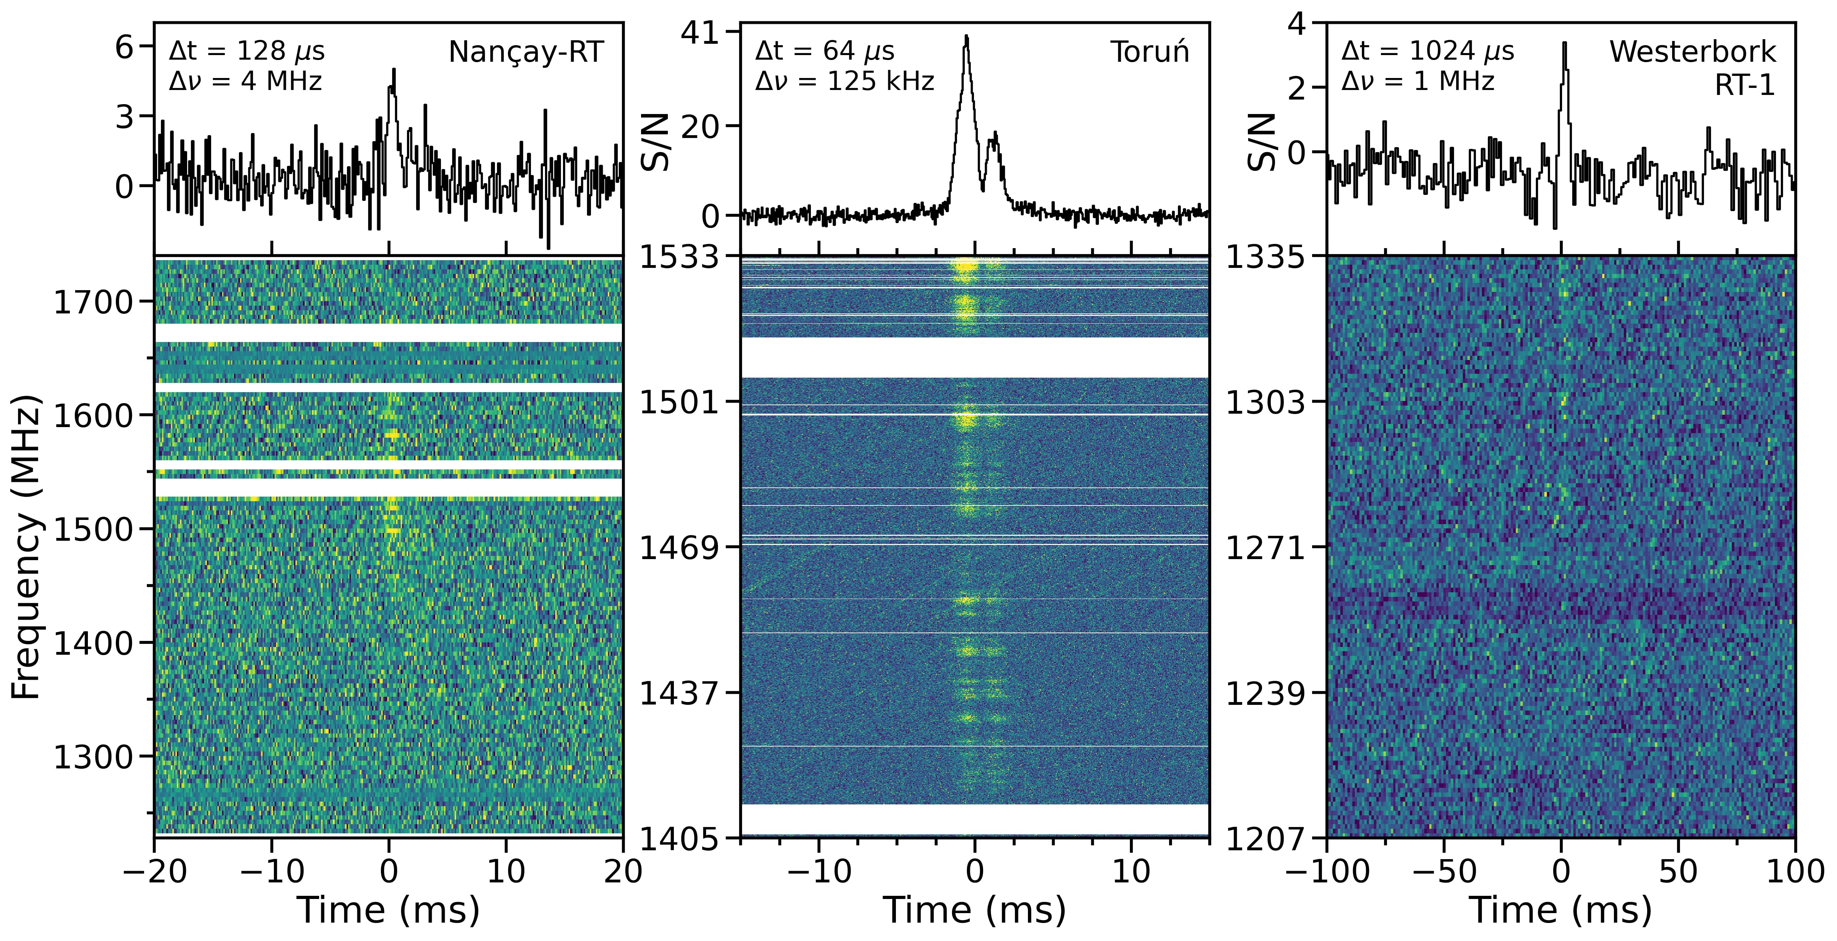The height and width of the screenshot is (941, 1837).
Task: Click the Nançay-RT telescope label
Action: (x=526, y=52)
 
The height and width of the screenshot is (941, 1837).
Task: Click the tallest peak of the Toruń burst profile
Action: (x=966, y=37)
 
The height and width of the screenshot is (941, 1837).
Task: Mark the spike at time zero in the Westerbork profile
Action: (x=1564, y=44)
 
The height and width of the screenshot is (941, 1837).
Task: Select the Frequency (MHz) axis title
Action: (x=27, y=545)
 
